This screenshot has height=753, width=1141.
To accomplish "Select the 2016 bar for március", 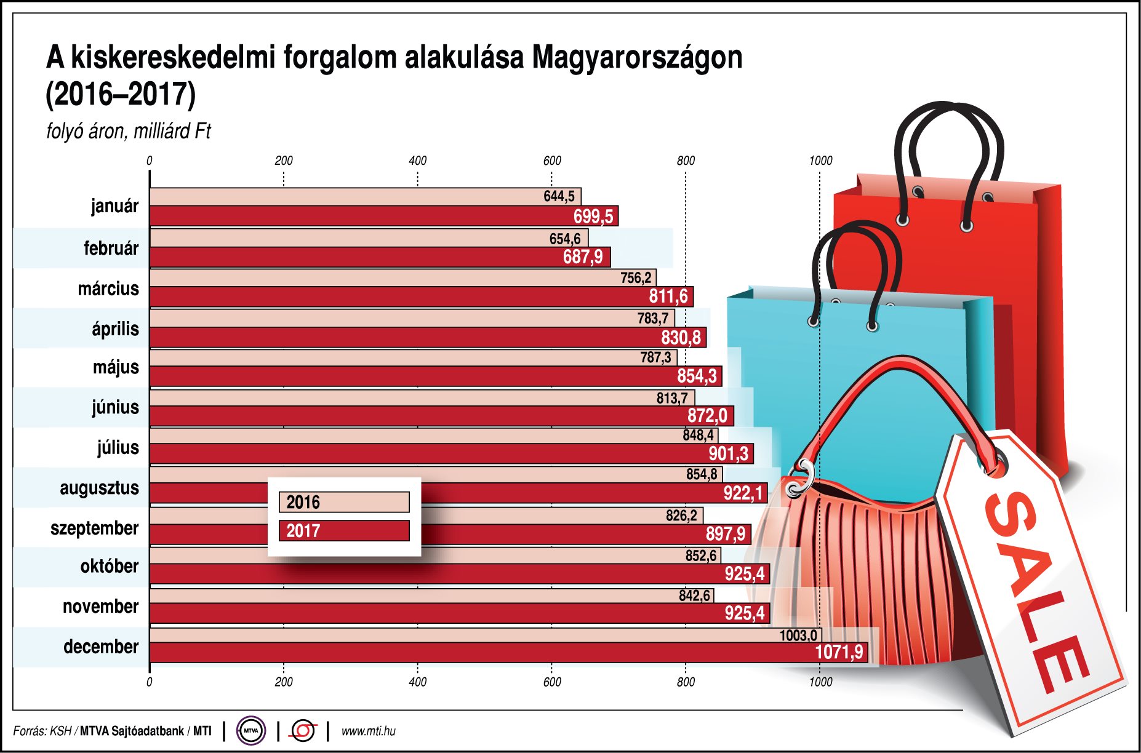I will click(x=382, y=277).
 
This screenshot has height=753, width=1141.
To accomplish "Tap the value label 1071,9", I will click(x=839, y=652).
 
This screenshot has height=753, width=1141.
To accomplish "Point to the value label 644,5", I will click(x=559, y=196).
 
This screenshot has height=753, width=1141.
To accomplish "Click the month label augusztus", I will click(x=99, y=488).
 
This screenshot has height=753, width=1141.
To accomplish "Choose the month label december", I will click(x=101, y=647).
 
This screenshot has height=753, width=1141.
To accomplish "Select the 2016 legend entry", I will click(x=343, y=502).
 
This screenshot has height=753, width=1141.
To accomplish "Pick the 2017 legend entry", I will click(x=343, y=530).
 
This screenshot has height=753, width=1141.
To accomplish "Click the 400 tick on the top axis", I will click(x=417, y=161).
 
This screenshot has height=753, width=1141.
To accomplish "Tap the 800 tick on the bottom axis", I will click(x=686, y=682).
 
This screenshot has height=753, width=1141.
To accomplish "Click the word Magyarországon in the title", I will click(x=637, y=58).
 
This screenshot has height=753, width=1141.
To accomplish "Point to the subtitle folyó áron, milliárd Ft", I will click(x=128, y=131).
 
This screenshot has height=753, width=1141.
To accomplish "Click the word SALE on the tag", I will click(x=1034, y=591).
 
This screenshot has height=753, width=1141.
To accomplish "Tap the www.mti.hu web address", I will click(x=368, y=731).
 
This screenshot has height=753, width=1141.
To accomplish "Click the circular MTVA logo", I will click(x=250, y=731).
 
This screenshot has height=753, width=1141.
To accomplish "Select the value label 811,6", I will click(x=668, y=297).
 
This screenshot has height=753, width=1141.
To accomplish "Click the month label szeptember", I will click(x=94, y=528).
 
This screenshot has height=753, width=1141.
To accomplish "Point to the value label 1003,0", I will click(x=798, y=635).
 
